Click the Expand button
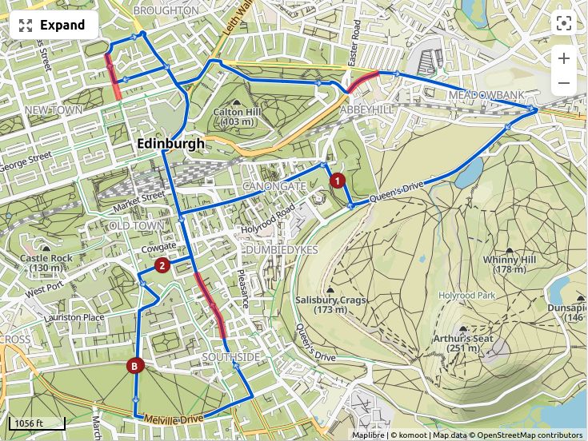[53, 25]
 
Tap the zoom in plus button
[564, 58]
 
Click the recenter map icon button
[564, 23]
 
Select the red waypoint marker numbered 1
[338, 181]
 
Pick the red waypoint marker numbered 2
[162, 265]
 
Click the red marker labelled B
[135, 366]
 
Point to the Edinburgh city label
[170, 144]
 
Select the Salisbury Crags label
[320, 304]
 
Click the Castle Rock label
[46, 263]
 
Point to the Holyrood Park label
[467, 296]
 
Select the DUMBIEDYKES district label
[282, 250]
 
